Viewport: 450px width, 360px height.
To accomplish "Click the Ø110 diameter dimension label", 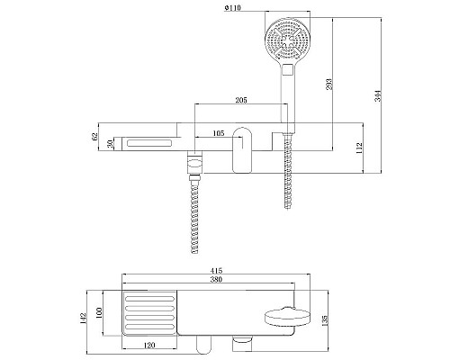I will click(237, 9).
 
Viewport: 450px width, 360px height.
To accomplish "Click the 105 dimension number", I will click(216, 134).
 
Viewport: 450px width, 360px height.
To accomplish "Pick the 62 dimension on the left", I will click(94, 138).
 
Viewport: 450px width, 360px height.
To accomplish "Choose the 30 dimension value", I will click(110, 144).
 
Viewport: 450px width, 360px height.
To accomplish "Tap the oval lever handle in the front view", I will click(243, 149).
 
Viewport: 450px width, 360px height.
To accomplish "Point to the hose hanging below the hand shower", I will click(288, 171).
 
